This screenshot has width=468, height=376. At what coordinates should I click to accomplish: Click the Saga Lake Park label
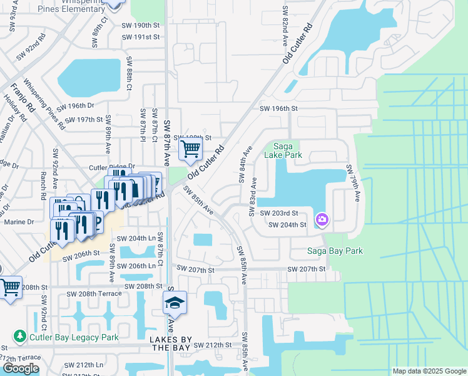[x=283, y=150]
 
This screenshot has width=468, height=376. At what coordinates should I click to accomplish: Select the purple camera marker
[x=323, y=219]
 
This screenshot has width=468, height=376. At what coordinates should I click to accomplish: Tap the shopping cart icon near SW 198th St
[x=190, y=149]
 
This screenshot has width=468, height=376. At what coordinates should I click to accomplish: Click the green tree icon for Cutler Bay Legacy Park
[x=20, y=337]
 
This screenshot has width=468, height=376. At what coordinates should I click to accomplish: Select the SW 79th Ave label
[x=353, y=183]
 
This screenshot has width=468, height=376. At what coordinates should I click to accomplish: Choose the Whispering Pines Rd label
[x=44, y=103]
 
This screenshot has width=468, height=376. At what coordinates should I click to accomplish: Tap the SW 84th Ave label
[x=245, y=164]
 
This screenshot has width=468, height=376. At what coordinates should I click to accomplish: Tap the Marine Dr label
[x=19, y=222]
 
